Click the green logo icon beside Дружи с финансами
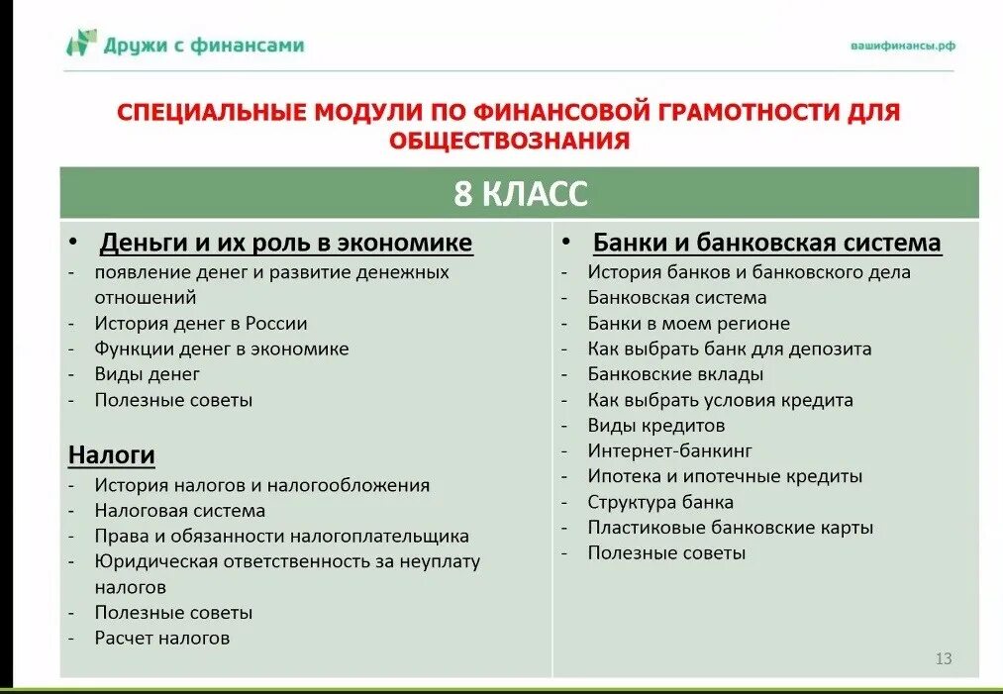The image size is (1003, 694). coord(81,43)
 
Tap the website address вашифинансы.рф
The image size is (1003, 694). coord(902,46)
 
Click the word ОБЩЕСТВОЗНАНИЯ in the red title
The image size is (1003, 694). coord(509,140)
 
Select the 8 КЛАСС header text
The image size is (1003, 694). coord(521,194)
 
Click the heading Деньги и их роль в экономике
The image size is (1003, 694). coord(286,244)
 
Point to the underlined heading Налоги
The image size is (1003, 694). coord(112,455)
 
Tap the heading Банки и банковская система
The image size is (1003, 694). coord(766,244)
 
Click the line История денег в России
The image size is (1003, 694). coord(201,324)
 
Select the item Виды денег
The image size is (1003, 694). coord(148,374)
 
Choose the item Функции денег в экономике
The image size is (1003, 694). coord(222,348)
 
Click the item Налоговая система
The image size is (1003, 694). coord(180,511)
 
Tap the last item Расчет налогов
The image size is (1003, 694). coord(162,639)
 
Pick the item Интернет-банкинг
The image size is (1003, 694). coord(670,451)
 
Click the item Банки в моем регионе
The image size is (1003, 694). coord(688,324)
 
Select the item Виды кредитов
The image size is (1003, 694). coord(656,426)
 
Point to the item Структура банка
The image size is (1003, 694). coord(660,502)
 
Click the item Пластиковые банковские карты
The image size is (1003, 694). coord(731,528)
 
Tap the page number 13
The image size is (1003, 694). coord(943,659)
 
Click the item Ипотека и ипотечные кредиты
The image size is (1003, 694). coord(725,476)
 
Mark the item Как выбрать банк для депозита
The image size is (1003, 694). coord(730,348)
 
